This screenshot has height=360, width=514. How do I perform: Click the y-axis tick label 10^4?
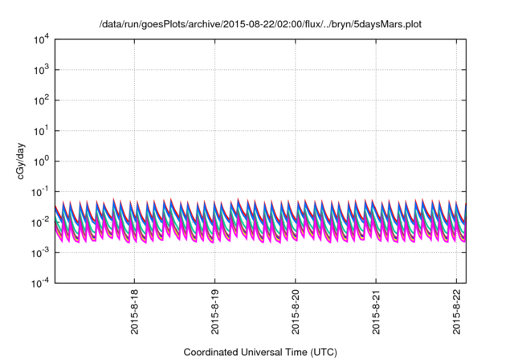(40, 39)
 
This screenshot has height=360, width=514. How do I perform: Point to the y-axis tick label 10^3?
(40, 69)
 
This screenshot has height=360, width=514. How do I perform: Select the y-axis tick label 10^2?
(40, 100)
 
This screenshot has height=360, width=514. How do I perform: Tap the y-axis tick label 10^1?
(40, 130)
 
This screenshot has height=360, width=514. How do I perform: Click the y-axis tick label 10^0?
(40, 161)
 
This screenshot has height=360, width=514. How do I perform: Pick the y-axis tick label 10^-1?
(39, 191)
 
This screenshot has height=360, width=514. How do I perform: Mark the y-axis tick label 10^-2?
(39, 222)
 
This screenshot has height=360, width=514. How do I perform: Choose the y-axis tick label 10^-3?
(39, 252)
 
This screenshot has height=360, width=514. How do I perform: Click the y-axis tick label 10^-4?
(39, 283)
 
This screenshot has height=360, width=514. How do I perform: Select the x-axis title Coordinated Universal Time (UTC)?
(260, 352)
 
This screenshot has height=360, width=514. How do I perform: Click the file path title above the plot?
(260, 24)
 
